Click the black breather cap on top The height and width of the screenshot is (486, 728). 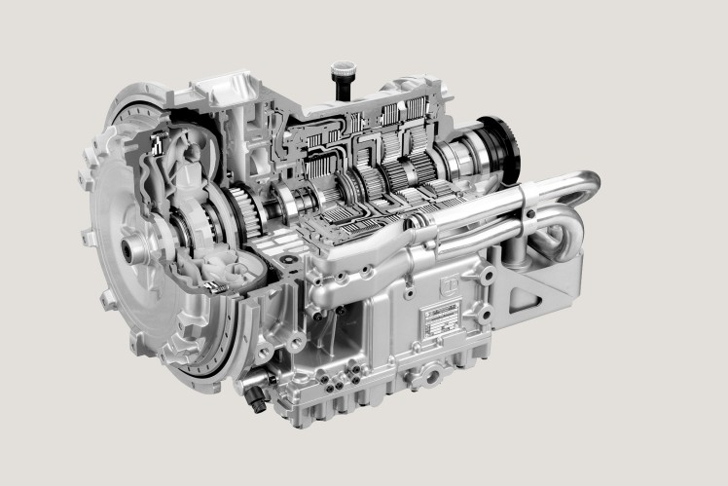click(x=343, y=78)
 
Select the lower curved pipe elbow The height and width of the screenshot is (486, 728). click(x=562, y=236)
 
